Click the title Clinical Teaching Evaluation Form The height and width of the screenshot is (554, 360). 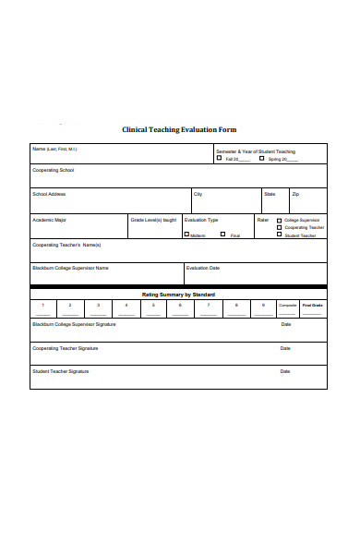click(179, 130)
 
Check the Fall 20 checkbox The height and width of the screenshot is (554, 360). click(219, 158)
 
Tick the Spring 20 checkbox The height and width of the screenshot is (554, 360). click(262, 158)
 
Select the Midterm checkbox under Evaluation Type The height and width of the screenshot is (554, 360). click(187, 235)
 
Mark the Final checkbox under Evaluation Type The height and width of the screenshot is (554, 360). click(223, 235)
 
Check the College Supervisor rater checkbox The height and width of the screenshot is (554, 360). click(280, 221)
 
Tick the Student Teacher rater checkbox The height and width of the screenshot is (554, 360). click(280, 235)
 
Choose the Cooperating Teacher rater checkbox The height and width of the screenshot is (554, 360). click(280, 228)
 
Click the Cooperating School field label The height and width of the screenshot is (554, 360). click(54, 170)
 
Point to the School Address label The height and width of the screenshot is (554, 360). click(49, 194)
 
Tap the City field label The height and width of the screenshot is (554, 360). click(198, 194)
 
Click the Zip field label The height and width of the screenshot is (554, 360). click(295, 194)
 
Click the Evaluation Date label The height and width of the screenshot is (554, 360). click(203, 268)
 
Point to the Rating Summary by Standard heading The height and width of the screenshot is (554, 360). click(178, 294)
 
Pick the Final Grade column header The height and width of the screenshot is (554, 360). click(313, 305)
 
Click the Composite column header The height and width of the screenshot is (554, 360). click(287, 305)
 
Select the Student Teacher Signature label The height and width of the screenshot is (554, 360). click(61, 371)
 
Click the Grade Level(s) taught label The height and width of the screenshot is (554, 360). click(153, 220)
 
